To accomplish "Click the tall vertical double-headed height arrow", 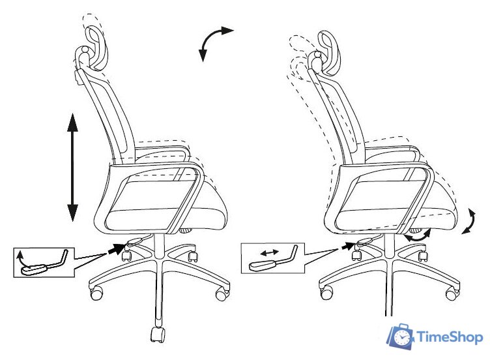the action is coord(72,168).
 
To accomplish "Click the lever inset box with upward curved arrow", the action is coord(44,262).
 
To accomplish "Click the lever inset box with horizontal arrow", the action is coord(273,258).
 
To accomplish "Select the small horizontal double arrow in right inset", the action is coord(270,252).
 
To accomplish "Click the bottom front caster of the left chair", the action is coord(157,335).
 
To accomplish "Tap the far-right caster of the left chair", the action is coord(222,294).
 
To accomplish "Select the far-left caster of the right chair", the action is coord(326,292).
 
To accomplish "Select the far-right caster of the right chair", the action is coord(452,293).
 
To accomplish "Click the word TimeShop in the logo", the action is coord(450,337).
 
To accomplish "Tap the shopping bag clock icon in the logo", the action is coord(400,337).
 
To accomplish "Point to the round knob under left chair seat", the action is coord(186,231).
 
